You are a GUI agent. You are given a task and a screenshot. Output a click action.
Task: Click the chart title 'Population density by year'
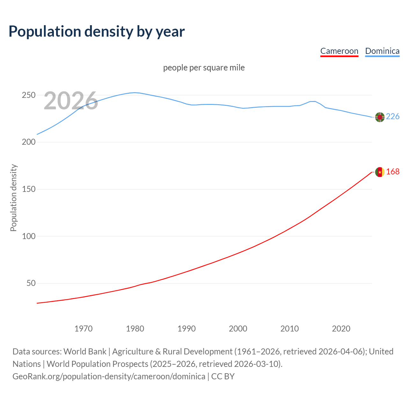point(97,31)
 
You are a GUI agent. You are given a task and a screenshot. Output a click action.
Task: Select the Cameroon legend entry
point(339,51)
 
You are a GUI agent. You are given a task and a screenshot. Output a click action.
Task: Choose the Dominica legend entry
point(382,51)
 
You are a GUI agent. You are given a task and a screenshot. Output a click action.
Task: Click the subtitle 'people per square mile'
point(204,68)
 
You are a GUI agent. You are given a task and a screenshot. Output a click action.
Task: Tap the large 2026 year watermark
point(70,101)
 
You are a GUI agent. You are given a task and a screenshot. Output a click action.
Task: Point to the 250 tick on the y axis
point(28,95)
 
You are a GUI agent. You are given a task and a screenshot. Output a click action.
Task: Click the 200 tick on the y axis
point(28,142)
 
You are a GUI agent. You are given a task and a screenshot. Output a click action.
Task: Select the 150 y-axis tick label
point(28,189)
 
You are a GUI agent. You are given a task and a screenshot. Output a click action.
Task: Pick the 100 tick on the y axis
point(28,237)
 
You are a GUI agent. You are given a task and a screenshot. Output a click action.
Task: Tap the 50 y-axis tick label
point(31,283)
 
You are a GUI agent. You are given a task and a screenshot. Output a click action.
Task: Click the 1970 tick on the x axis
point(84,329)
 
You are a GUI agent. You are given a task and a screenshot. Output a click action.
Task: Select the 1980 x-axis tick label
point(135,329)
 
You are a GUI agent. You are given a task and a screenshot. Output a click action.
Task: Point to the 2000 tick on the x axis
point(238,329)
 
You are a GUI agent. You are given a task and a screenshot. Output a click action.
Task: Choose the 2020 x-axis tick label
point(341,329)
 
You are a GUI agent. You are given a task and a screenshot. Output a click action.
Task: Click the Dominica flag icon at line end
point(380,117)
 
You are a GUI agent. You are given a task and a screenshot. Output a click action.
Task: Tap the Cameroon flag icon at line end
point(380,172)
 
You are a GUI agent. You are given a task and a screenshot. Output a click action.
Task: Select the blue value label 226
point(393,117)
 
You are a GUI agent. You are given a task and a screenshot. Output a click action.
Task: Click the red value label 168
point(393,172)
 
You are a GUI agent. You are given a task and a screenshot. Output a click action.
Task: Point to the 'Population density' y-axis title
point(13,198)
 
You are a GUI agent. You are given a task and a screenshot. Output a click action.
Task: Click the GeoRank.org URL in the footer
point(109,376)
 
